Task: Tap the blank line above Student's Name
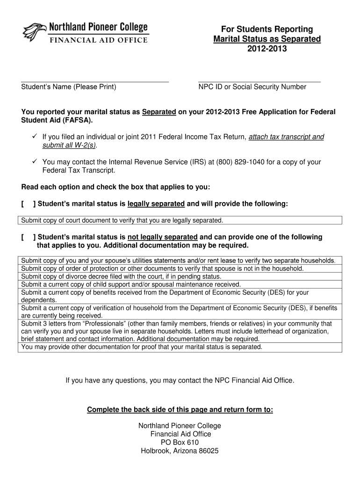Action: coord(95,81)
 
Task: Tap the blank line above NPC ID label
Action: coord(259,81)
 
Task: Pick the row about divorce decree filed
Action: coord(121,276)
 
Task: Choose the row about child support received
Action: coord(131,284)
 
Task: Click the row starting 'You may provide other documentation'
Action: coord(142,347)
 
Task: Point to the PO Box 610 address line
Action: coord(180,443)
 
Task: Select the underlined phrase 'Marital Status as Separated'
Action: coord(267,39)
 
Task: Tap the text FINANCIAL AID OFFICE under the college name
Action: coord(99,40)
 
